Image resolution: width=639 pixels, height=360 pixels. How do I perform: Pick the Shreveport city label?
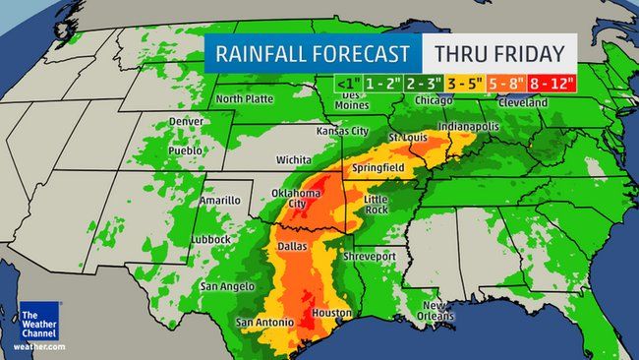pos(368,256)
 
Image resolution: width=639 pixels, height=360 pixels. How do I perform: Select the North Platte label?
pos(244,99)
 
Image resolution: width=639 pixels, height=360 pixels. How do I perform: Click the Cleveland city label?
pos(550,100)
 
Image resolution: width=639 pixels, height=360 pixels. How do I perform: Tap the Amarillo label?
pos(219,200)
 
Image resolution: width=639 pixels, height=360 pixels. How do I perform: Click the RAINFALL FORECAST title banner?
pos(313,53)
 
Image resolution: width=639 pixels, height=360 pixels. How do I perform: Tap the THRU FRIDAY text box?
pos(499,53)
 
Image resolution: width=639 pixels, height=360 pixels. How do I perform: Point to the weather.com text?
pos(39,348)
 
